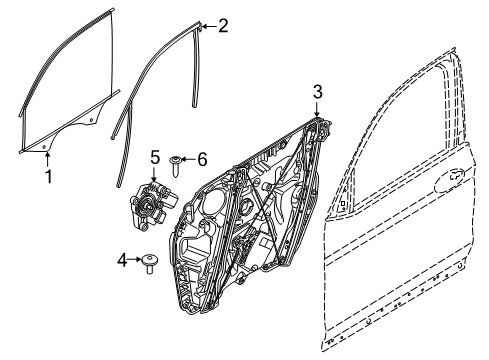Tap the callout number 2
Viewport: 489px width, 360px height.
coord(223,26)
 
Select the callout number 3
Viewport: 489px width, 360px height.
coord(317,91)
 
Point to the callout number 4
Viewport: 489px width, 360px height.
coord(123,260)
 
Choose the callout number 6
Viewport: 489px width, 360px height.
coord(201,158)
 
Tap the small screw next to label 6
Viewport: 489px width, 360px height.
coord(176,159)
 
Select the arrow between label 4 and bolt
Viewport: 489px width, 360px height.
coord(136,260)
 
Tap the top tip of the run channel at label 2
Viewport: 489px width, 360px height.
coord(197,27)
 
